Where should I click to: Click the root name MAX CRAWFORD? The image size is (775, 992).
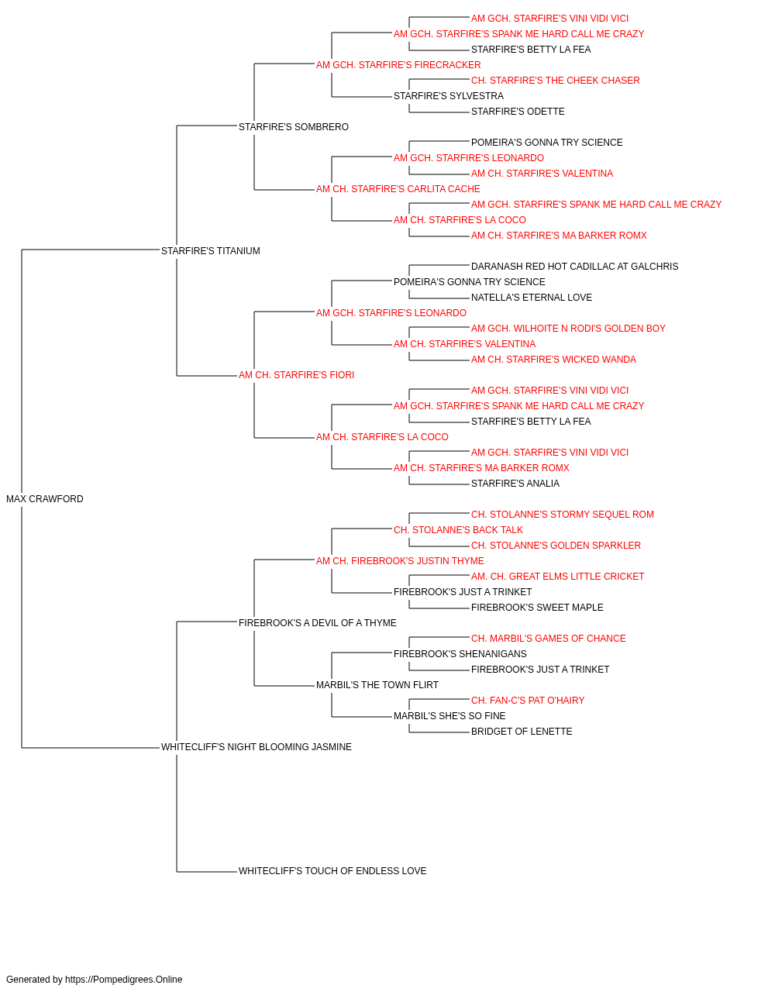point(45,498)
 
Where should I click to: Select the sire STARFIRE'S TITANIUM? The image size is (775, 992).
point(210,250)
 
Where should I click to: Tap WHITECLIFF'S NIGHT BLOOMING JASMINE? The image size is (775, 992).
point(256,747)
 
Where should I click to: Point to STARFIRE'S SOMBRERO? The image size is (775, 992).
point(294,127)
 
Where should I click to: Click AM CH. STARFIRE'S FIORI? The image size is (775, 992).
point(296,375)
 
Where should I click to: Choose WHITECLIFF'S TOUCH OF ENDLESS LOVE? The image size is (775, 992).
point(332,870)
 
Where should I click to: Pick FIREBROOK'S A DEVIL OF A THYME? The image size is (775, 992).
point(317,622)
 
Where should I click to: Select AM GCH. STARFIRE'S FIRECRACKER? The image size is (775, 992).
point(398,65)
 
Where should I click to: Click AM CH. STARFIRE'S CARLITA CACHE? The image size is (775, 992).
point(398,189)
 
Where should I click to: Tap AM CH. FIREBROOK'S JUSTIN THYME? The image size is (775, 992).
point(400,560)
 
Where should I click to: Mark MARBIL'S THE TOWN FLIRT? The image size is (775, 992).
point(377,685)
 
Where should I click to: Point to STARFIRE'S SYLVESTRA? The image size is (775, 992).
point(449,96)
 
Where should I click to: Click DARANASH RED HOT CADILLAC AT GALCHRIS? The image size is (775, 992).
point(574,266)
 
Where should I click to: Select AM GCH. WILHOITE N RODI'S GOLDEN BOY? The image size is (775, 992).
point(568,329)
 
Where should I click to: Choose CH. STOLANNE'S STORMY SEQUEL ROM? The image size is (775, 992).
point(563,514)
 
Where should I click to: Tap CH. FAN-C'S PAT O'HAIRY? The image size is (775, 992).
point(528,701)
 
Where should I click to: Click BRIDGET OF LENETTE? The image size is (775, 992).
point(522,732)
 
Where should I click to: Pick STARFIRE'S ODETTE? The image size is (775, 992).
point(518,112)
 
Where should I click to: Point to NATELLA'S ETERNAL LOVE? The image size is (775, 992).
point(532,297)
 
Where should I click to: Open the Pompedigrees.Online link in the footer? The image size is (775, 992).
point(124,980)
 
